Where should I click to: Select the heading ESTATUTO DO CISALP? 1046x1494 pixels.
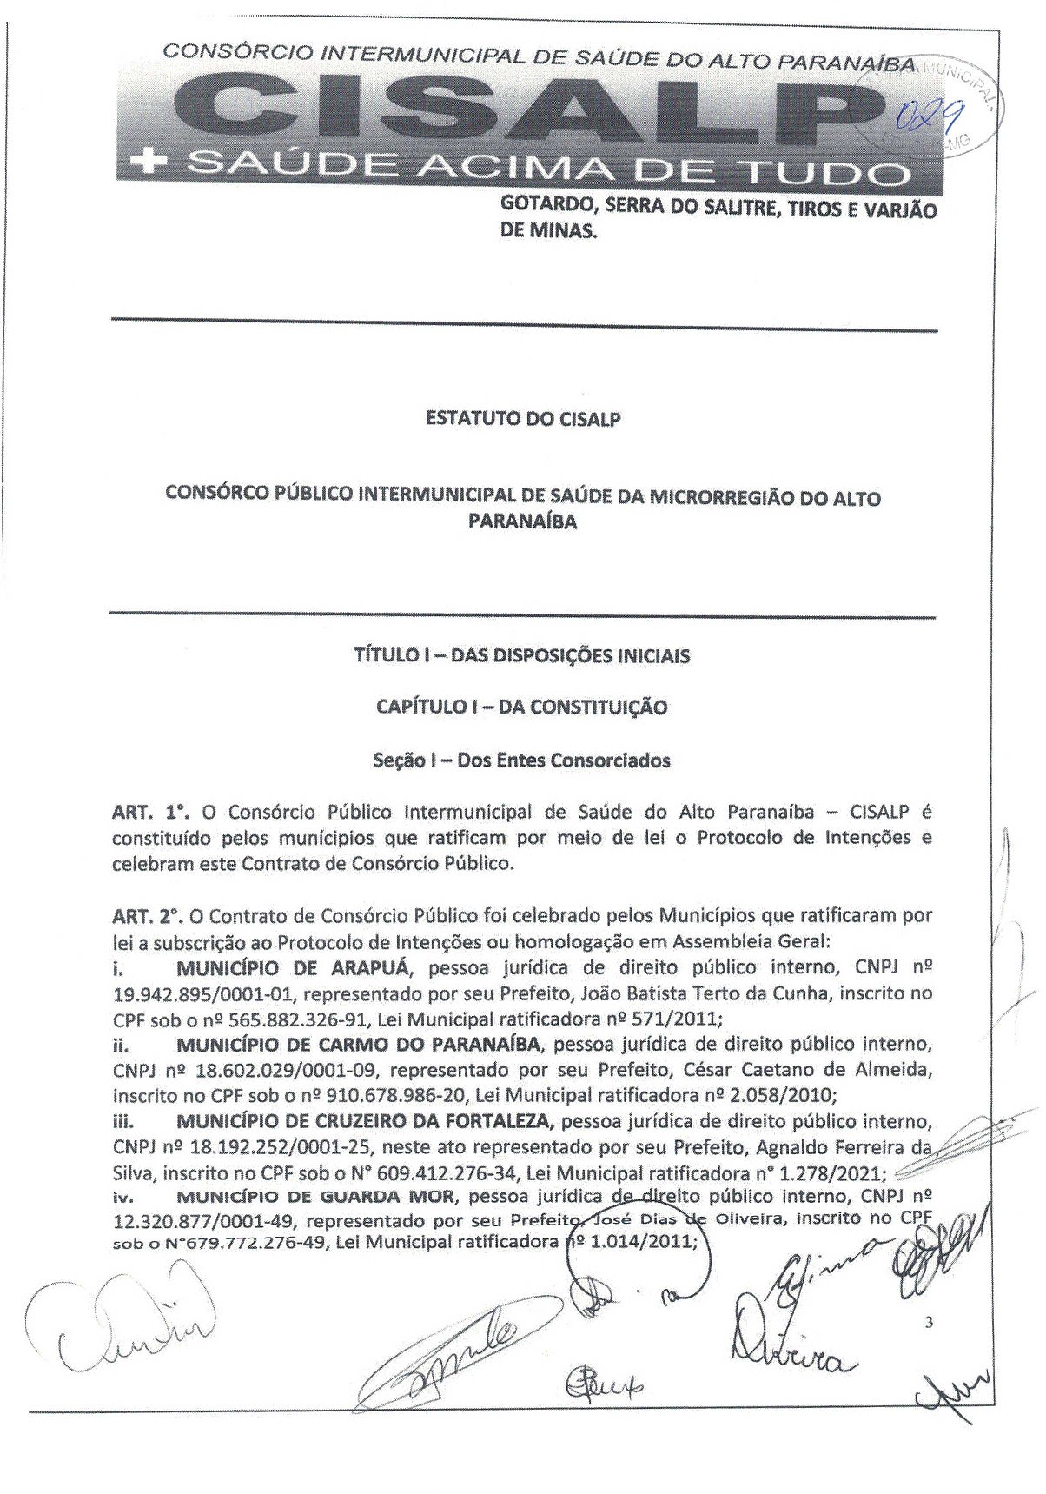[523, 419]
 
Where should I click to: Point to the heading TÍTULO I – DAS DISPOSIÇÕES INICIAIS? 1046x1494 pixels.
[522, 655]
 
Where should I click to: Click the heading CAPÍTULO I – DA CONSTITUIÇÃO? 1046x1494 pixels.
[522, 707]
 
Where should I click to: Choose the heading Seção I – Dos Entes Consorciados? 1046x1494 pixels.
[522, 760]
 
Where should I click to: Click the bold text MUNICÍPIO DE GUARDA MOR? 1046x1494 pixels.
[315, 1197]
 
